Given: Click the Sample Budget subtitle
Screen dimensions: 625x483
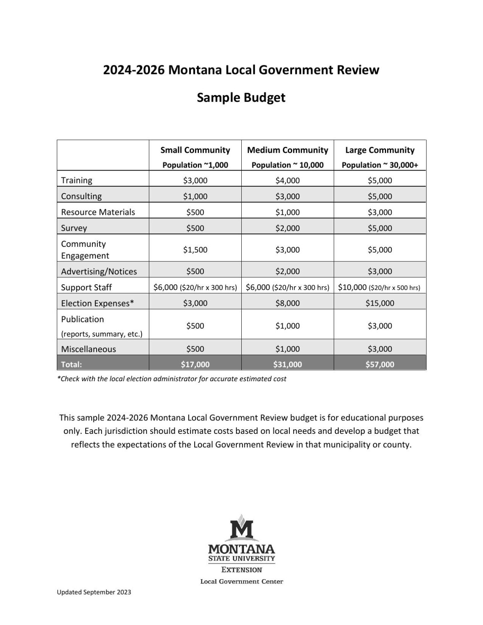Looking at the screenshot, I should pos(241,98).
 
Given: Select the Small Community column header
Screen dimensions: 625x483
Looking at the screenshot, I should pos(195,150).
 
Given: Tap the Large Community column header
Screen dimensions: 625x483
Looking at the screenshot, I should pos(380,150).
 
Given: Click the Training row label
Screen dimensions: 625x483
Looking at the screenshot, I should pos(77,180).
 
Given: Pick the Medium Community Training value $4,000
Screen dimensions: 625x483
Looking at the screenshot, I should pos(288,180).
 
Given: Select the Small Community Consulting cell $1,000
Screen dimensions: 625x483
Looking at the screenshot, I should pos(195,196).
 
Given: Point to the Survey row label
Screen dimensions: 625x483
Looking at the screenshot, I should pos(74,228).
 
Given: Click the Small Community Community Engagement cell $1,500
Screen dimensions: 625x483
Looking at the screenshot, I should pos(195,250).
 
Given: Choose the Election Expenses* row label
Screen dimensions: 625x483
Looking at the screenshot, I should pos(97,303).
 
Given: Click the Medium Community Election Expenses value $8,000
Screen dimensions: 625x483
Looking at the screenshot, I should pos(288,303).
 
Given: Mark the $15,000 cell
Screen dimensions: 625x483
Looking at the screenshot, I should pos(380,303).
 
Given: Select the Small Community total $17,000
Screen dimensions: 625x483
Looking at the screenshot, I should pos(195,364).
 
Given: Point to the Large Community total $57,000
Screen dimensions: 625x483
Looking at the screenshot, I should pos(380,364).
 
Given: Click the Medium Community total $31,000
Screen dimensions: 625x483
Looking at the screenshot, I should pos(288,364).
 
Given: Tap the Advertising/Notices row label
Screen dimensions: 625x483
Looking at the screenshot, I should pos(99,271).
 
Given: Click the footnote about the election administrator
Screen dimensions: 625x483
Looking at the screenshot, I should pos(171,379).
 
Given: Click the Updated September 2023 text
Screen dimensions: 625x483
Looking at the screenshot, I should pos(94,592).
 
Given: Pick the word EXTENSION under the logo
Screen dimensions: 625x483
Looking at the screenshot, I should pos(242,570).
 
